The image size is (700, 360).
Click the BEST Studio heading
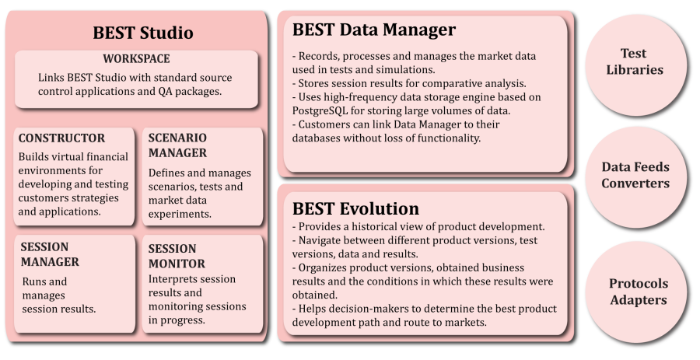(x=143, y=33)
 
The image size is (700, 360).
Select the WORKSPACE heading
(x=136, y=59)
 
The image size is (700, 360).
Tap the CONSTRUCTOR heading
(x=61, y=138)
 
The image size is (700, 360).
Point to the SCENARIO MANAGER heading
(x=177, y=145)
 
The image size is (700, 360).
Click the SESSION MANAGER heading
(x=50, y=254)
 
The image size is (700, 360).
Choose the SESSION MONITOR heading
(x=177, y=256)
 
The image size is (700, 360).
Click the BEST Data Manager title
(x=374, y=30)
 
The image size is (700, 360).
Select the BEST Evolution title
(x=355, y=209)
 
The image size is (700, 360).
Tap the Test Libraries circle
(x=635, y=65)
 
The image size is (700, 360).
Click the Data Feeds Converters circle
(x=635, y=177)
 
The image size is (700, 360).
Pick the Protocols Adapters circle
(x=636, y=292)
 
